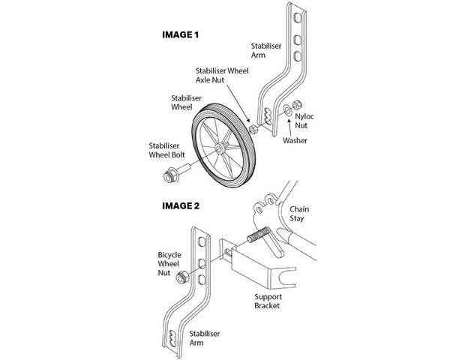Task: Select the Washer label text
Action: pyautogui.click(x=294, y=140)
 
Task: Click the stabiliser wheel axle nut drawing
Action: pyautogui.click(x=253, y=128)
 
